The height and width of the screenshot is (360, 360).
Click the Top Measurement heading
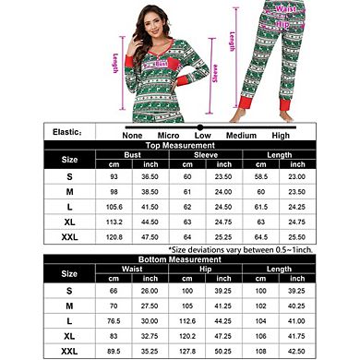click(214, 146)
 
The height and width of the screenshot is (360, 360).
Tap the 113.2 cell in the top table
click(116, 222)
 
